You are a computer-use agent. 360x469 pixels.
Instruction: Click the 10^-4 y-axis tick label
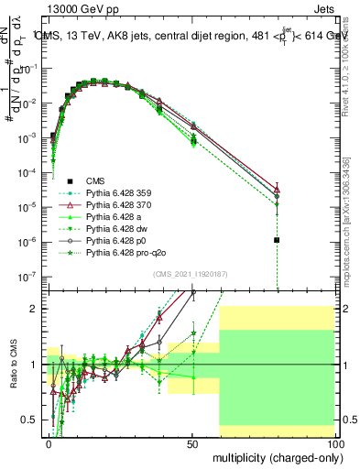tap(30, 172)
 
